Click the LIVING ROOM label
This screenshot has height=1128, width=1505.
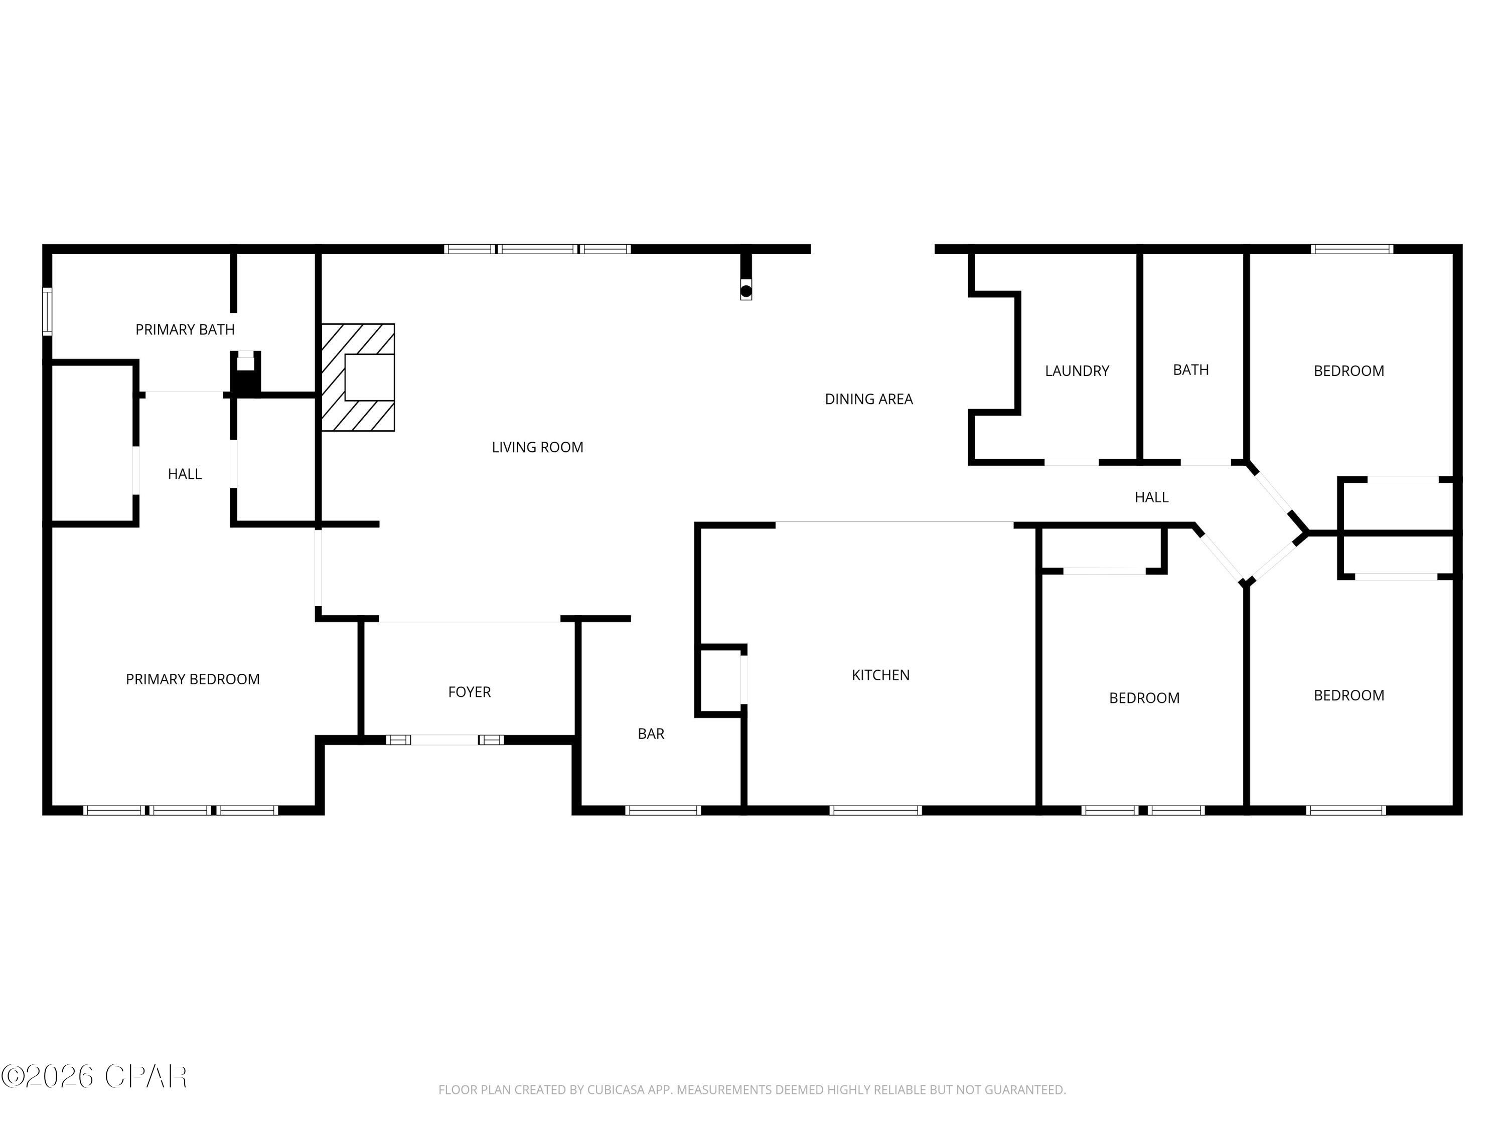tap(537, 447)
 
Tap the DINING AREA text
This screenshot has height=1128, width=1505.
tap(869, 399)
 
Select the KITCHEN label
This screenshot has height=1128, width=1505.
tap(880, 675)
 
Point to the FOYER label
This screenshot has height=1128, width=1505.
tap(470, 692)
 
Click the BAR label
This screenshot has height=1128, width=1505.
tap(651, 733)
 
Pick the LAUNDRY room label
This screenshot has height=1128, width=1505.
tap(1077, 371)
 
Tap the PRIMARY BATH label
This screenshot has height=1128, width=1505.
tap(185, 330)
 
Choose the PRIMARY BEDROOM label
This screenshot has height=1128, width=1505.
tap(193, 679)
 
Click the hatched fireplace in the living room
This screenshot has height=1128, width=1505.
tap(358, 378)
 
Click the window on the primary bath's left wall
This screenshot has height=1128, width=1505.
tap(47, 311)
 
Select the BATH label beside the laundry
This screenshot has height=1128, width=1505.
tap(1190, 370)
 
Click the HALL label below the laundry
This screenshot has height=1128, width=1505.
tap(1151, 498)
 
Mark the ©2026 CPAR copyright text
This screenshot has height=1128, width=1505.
tap(94, 1076)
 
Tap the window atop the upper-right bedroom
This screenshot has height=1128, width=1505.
tap(1352, 249)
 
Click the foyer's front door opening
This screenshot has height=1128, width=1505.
tap(445, 740)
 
